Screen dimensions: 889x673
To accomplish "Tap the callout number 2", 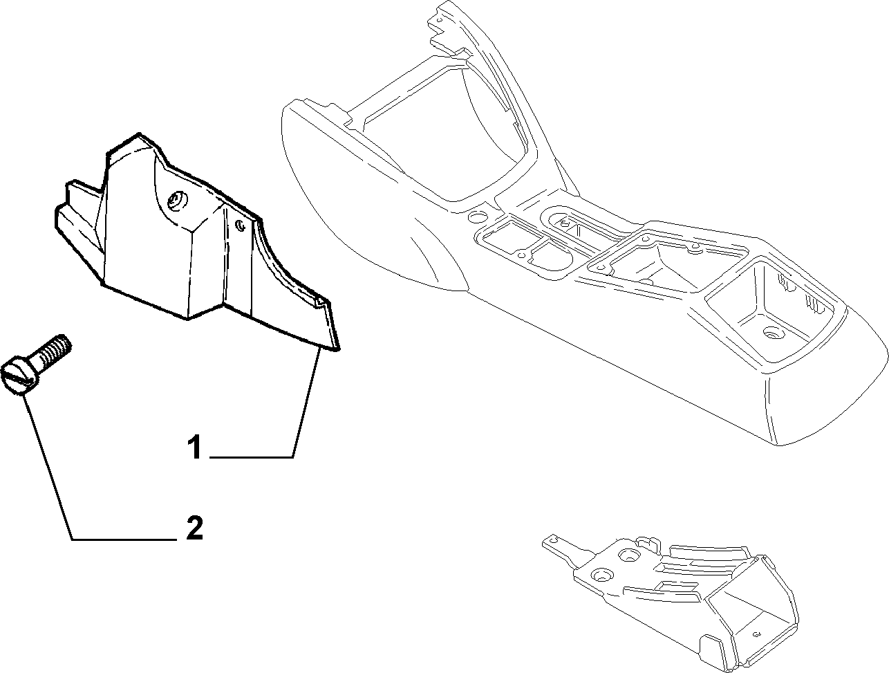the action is click(195, 528).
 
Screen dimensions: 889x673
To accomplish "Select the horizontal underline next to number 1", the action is click(251, 457).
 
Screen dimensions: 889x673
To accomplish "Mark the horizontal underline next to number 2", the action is click(124, 540).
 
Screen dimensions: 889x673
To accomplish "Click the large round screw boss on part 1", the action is click(178, 201).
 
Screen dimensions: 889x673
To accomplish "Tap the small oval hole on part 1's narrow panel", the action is click(241, 225).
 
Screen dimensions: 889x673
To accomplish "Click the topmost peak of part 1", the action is click(140, 133).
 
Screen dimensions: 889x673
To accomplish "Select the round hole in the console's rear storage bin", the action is click(774, 334).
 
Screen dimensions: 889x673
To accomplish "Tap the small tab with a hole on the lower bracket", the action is click(552, 540).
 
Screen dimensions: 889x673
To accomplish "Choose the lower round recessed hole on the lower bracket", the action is click(602, 575).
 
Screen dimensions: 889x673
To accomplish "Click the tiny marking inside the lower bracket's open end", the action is click(756, 634).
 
